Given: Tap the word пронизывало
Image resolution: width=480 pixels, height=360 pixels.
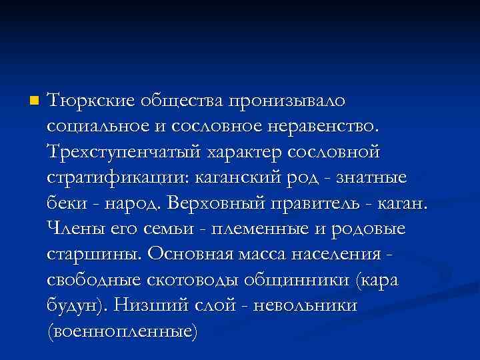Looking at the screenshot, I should (287, 101).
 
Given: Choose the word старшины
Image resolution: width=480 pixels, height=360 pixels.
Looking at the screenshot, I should (93, 254).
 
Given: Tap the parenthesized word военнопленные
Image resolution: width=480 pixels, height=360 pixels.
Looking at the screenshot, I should (123, 331).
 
